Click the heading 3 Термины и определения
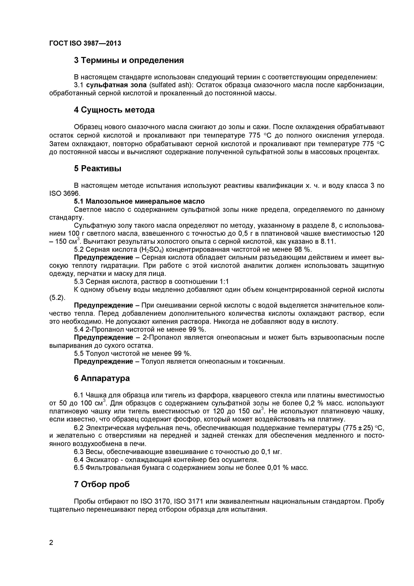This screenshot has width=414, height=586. [129, 60]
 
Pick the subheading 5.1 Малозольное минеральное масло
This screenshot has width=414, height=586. [139, 201]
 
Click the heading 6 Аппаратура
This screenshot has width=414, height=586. [102, 378]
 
